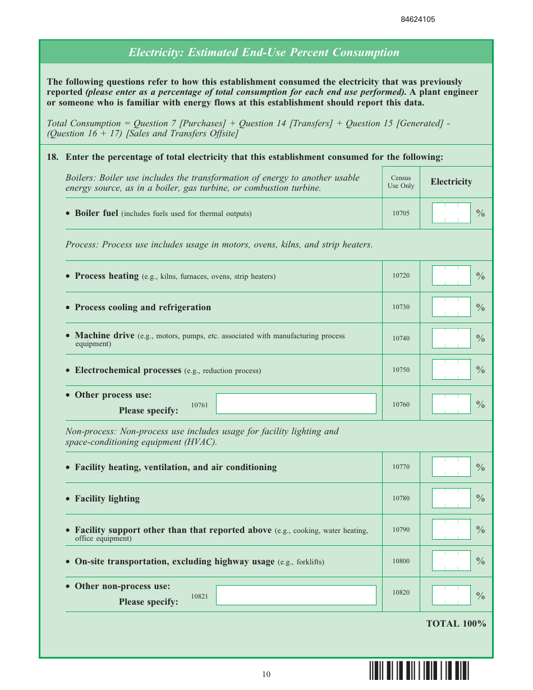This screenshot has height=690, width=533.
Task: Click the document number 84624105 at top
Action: (x=417, y=19)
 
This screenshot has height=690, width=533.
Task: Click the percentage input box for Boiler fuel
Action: (x=451, y=213)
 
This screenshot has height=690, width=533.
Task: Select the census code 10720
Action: (x=401, y=276)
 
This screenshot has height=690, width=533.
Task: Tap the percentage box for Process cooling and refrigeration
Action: (x=451, y=307)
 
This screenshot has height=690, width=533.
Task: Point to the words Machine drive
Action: (x=104, y=335)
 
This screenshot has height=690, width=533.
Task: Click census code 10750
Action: (x=401, y=370)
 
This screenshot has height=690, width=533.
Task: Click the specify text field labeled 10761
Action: (x=296, y=404)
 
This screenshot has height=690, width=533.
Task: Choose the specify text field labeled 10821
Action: (x=296, y=595)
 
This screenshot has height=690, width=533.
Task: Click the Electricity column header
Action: (x=451, y=182)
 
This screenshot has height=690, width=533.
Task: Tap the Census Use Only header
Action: (x=401, y=182)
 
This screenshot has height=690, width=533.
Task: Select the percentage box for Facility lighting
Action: (x=451, y=498)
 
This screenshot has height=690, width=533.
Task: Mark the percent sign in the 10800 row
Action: (x=480, y=561)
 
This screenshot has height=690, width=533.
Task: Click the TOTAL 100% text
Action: (x=456, y=624)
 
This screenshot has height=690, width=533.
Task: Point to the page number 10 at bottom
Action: (x=266, y=674)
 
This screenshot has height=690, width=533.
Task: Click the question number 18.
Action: (x=53, y=157)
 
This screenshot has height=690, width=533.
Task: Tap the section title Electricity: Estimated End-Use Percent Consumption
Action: (x=264, y=52)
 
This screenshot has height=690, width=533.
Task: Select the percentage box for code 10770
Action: (x=451, y=467)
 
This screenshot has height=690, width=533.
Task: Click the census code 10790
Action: (x=401, y=530)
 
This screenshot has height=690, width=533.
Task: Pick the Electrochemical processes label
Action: (x=128, y=370)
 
